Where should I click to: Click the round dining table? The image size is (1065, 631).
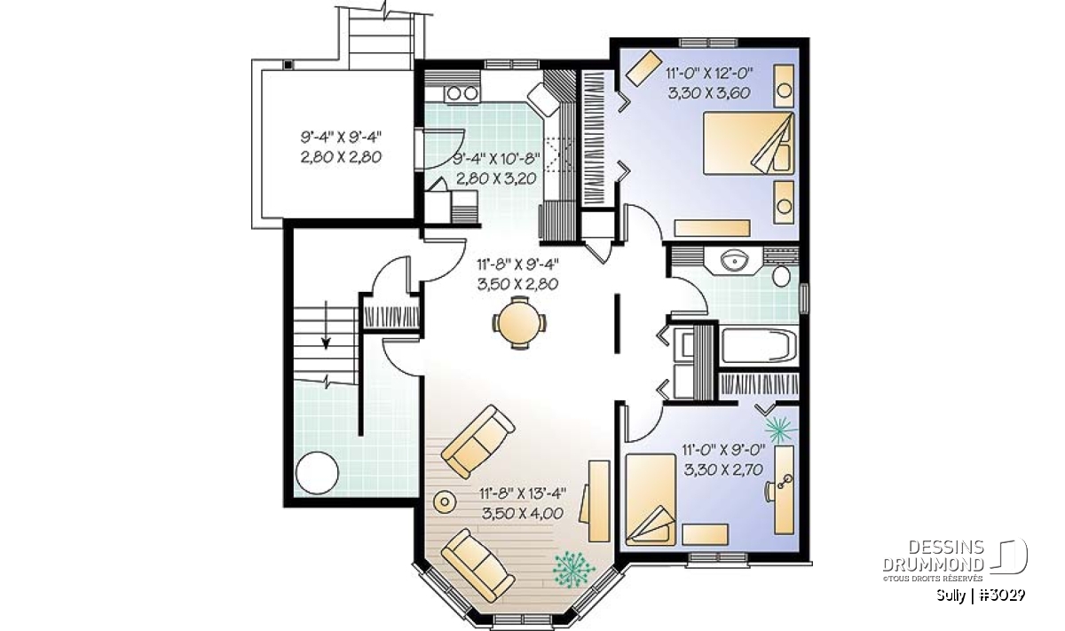[x=518, y=323]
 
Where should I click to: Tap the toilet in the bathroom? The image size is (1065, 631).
[x=781, y=276]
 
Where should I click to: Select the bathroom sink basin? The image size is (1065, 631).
[x=734, y=261]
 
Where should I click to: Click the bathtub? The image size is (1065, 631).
[x=758, y=346]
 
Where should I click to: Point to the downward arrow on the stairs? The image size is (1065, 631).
[x=327, y=325]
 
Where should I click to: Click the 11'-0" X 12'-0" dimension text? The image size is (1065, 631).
[x=709, y=74]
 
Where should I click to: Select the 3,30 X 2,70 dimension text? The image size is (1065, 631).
[x=723, y=469]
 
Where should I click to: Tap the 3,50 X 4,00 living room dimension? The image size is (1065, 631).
[x=523, y=514]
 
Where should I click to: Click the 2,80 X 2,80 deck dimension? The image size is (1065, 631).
[x=341, y=157]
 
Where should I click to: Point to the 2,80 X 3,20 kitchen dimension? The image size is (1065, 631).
[x=496, y=178]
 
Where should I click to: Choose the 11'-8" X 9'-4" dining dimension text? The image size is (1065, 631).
[x=517, y=264]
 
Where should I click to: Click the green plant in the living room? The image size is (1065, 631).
[x=573, y=569]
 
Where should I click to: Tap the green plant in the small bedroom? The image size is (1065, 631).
[x=780, y=429]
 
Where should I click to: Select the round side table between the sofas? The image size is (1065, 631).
[x=445, y=501]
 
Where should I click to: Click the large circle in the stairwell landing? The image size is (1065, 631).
[x=317, y=473]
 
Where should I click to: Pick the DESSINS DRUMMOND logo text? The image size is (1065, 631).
[x=934, y=556]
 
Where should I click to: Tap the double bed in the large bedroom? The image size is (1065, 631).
[x=749, y=144]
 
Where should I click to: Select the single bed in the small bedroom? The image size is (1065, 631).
[x=651, y=500]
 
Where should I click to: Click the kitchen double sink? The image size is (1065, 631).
[x=462, y=93]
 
